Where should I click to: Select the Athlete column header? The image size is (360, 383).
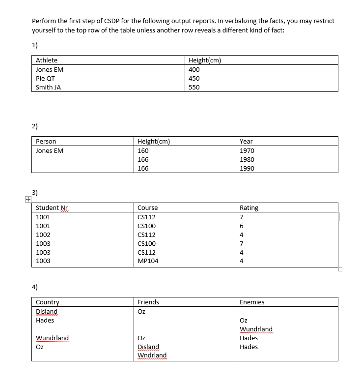(x=47, y=60)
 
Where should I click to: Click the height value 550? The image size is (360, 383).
(x=194, y=87)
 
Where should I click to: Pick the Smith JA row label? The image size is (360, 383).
(x=48, y=87)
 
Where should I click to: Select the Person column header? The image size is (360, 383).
(x=46, y=142)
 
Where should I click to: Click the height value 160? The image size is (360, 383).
(x=143, y=150)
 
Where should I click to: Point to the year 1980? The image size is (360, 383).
(x=247, y=159)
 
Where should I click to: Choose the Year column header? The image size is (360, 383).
(x=246, y=142)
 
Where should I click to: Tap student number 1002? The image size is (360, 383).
(x=43, y=235)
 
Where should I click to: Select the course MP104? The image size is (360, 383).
(x=148, y=261)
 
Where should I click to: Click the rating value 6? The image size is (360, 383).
(x=242, y=226)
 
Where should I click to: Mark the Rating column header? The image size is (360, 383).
(x=249, y=208)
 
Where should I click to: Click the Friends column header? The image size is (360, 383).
(x=148, y=302)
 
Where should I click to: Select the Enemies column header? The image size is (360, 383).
(x=252, y=302)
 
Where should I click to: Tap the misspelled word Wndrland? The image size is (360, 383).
(x=152, y=355)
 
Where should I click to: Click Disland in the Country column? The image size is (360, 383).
(x=47, y=311)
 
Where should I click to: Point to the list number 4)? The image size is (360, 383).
(x=35, y=286)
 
